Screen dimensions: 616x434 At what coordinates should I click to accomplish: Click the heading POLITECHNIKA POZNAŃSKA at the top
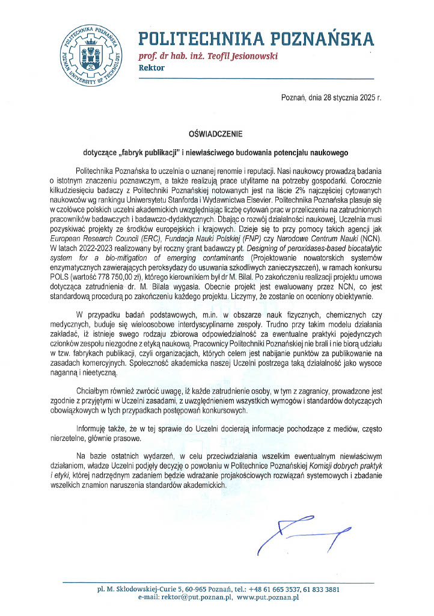tap(256, 40)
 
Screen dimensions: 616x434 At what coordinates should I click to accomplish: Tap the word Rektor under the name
tap(151, 67)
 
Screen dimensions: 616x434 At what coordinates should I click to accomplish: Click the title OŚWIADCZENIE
tap(216, 135)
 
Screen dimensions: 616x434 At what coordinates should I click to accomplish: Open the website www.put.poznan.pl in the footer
tap(268, 597)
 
